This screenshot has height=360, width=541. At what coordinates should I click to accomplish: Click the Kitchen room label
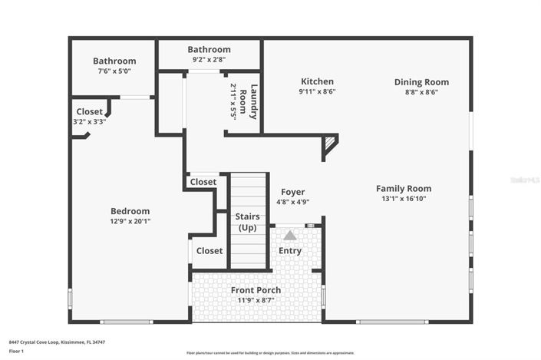point(317,81)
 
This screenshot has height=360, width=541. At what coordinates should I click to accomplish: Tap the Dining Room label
point(421,82)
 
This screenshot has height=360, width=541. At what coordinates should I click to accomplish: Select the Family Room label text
point(403,188)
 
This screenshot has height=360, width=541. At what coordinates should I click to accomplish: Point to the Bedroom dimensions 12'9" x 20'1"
point(130,221)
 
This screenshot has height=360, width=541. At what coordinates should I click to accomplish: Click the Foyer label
point(292,192)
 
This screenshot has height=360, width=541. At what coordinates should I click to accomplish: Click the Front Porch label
point(256,290)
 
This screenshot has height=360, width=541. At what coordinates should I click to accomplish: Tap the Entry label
point(290,251)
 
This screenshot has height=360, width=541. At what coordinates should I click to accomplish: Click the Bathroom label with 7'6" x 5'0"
point(114,61)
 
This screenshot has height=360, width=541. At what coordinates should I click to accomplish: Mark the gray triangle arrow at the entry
point(290,236)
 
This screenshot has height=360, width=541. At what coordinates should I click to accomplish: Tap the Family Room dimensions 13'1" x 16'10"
point(403,198)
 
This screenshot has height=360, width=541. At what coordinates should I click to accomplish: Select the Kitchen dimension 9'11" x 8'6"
point(317,91)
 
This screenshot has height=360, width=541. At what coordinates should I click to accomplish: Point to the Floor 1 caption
point(17,351)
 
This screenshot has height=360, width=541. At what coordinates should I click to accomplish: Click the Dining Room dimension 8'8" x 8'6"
point(421,92)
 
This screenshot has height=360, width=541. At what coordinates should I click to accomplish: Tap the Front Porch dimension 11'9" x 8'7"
point(256,300)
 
